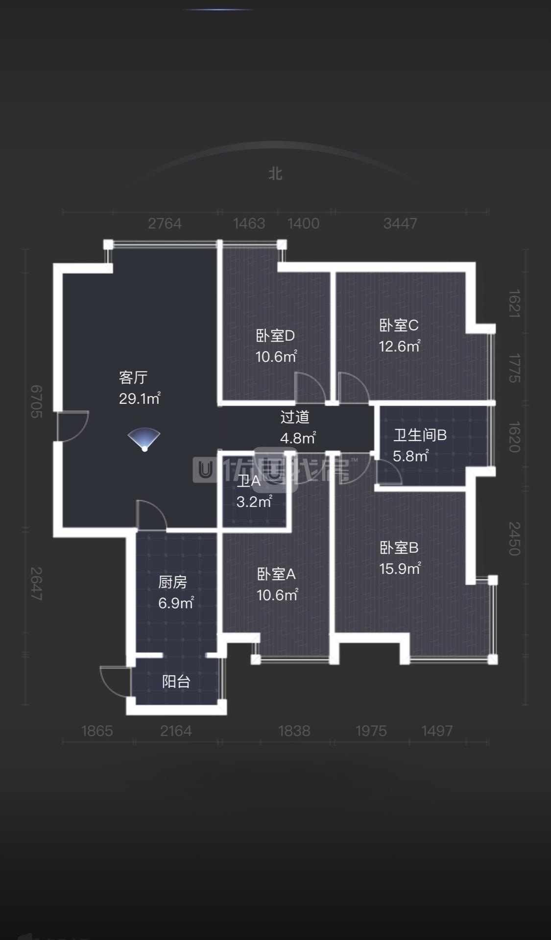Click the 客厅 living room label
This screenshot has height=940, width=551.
[x=133, y=377]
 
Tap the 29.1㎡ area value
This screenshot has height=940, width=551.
[x=140, y=398]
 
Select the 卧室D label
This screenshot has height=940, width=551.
[x=275, y=336]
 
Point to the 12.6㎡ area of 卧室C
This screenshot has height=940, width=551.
[x=399, y=346]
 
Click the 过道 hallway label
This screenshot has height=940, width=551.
[x=295, y=417]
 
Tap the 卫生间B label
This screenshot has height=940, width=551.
[x=420, y=435]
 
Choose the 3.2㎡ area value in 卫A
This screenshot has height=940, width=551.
[x=254, y=502]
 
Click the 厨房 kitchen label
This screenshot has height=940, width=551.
[x=172, y=582]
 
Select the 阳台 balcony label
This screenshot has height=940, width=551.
[x=176, y=681]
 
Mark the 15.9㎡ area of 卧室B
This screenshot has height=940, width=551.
[x=400, y=569]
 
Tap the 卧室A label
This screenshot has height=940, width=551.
[x=276, y=574]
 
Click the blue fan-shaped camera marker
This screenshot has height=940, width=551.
[x=144, y=439]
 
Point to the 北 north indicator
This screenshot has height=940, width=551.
[x=275, y=173]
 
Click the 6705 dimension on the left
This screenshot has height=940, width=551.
[x=36, y=401]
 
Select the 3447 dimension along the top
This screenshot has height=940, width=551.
[x=400, y=223]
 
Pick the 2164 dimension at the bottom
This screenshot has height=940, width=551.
[x=176, y=731]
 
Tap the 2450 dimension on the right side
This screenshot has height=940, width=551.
[x=514, y=538]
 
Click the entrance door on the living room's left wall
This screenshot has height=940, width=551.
[x=72, y=426]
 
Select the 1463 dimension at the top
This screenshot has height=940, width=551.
[x=249, y=223]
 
